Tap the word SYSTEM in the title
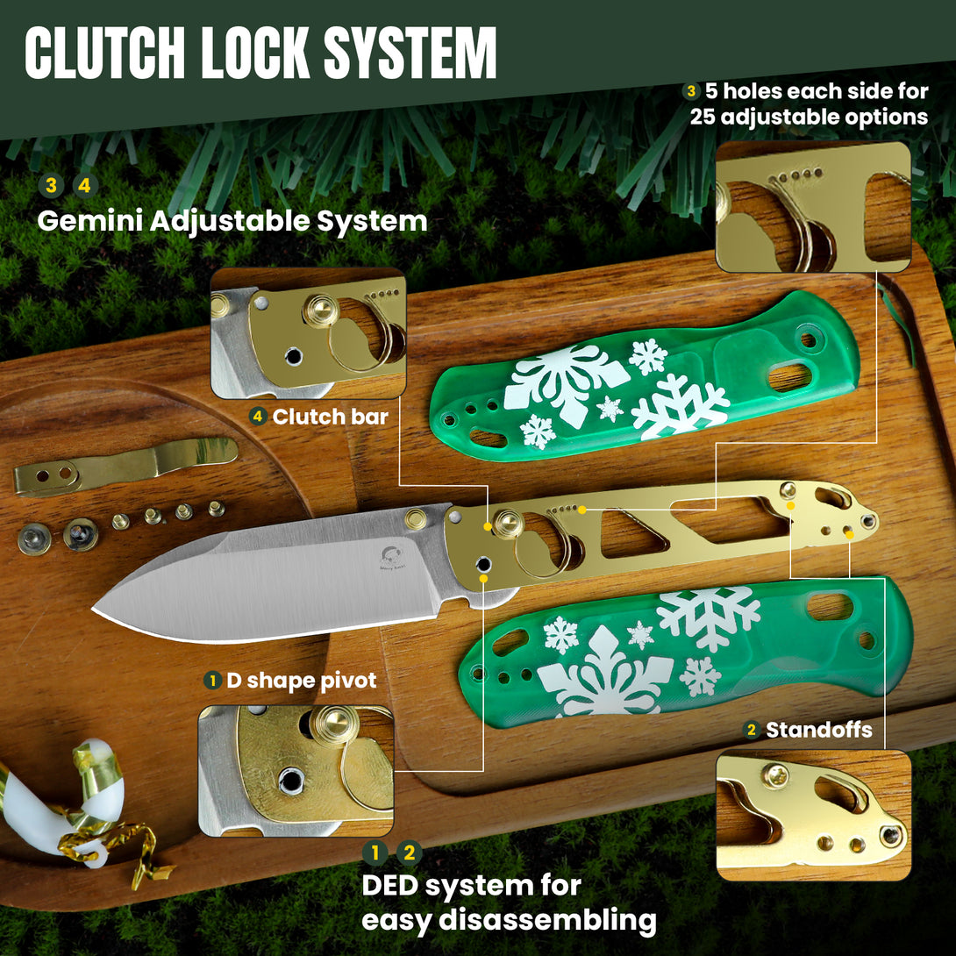(x=410, y=54)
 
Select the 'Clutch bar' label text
(x=330, y=417)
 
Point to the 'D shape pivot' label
(x=301, y=680)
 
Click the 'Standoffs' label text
(x=819, y=730)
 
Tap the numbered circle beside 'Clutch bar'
(x=258, y=417)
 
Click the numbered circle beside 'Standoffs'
(x=751, y=730)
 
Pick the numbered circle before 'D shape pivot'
(x=211, y=680)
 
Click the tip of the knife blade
(x=96, y=608)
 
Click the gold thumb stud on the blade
(x=416, y=518)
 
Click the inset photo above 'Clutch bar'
(x=308, y=334)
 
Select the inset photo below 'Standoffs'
(x=813, y=816)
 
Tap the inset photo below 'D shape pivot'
(x=296, y=770)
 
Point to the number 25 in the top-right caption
(x=703, y=117)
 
